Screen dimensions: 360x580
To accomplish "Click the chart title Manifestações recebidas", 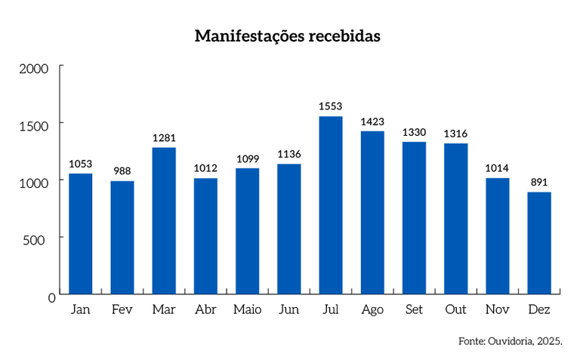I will (287, 35).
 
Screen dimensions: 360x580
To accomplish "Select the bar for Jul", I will (331, 205).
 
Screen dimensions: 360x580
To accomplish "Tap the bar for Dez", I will (539, 242).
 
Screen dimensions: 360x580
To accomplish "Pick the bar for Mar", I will (164, 220).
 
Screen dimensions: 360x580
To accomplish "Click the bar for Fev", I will (122, 237).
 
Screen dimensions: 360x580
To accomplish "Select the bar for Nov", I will (497, 235).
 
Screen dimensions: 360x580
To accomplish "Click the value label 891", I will (539, 183).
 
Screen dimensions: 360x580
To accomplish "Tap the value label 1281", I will (164, 138).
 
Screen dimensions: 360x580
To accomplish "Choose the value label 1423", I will (372, 122).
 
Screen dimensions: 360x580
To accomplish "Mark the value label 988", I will (122, 171).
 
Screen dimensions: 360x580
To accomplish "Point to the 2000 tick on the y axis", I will (33, 69).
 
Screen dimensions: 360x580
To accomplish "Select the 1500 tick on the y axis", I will (33, 125).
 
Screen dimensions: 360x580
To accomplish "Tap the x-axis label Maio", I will (247, 310).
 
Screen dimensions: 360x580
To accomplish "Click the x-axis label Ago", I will (372, 310).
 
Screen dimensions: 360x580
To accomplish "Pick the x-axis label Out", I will (455, 310).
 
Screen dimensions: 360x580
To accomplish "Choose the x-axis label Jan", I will (81, 310).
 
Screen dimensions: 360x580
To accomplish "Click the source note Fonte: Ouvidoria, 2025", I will (511, 342).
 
